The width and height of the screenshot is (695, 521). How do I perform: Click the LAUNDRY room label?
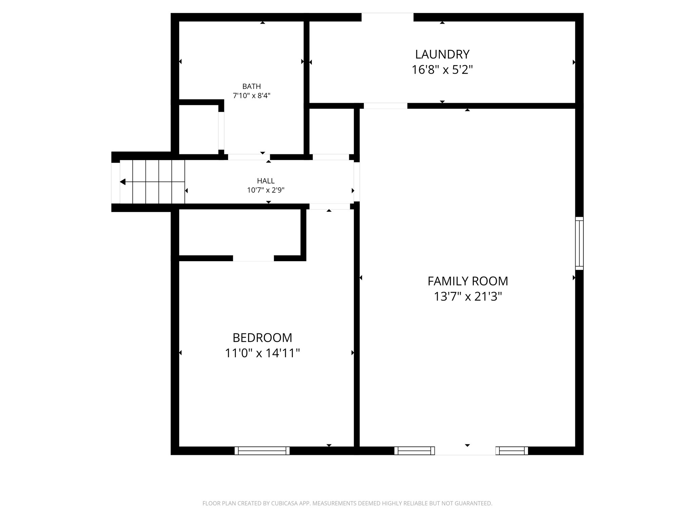coord(442,54)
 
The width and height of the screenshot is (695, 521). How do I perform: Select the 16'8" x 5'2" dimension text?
coord(442,70)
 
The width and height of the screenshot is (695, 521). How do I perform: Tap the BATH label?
coord(251,86)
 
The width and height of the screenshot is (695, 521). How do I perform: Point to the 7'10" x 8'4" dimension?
coord(251,96)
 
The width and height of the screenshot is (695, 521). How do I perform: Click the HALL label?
coord(265,181)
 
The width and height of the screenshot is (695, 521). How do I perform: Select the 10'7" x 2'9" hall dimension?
coord(265,190)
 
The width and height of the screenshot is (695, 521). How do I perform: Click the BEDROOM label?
coord(262,338)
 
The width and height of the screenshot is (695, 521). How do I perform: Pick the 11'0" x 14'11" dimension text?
coord(262,353)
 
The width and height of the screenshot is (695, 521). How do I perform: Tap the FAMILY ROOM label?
coord(467,281)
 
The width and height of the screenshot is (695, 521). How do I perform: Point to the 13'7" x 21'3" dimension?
coord(467,297)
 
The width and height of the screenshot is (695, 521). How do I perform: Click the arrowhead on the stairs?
coord(123,182)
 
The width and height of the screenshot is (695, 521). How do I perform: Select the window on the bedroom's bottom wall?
coord(262,450)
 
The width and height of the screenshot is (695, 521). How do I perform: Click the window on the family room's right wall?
coord(579,244)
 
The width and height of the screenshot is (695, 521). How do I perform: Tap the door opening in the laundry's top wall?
coord(387,17)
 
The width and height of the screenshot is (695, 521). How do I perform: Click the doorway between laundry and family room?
coord(385,106)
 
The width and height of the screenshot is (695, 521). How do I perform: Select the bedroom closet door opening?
coord(253,258)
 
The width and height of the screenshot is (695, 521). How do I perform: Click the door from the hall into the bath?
coord(249,157)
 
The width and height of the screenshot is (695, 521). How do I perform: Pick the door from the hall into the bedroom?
coord(329,207)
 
